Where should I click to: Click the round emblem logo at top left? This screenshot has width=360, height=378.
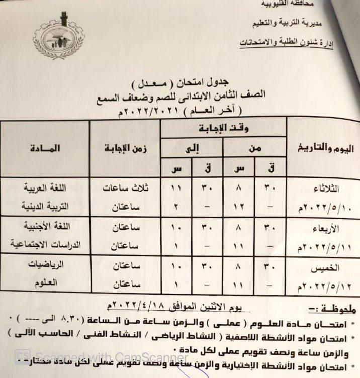click(x=58, y=35)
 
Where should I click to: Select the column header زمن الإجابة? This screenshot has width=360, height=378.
click(x=124, y=149)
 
